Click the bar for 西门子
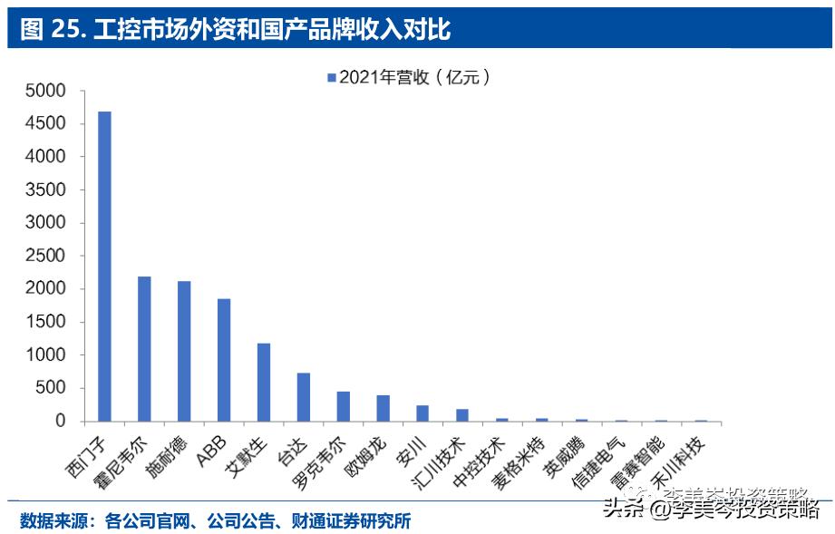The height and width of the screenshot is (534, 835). pyautogui.click(x=104, y=267)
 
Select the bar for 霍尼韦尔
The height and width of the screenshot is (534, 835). pyautogui.click(x=144, y=349)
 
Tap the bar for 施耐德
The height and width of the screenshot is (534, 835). pyautogui.click(x=184, y=351)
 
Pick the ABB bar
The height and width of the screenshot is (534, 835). pyautogui.click(x=224, y=360)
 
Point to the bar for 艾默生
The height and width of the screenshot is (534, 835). pyautogui.click(x=264, y=382)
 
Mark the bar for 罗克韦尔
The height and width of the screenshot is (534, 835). pyautogui.click(x=344, y=406)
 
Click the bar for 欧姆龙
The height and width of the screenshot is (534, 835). pyautogui.click(x=383, y=408)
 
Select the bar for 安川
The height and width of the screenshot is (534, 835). pyautogui.click(x=422, y=413)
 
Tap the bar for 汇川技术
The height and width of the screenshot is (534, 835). pyautogui.click(x=462, y=415)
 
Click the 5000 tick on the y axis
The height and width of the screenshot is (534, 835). pyautogui.click(x=46, y=91)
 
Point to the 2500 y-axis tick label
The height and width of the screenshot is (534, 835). pyautogui.click(x=46, y=256)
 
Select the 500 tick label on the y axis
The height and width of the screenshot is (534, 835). pyautogui.click(x=51, y=388)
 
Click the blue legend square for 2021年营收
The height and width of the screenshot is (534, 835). pyautogui.click(x=332, y=77)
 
